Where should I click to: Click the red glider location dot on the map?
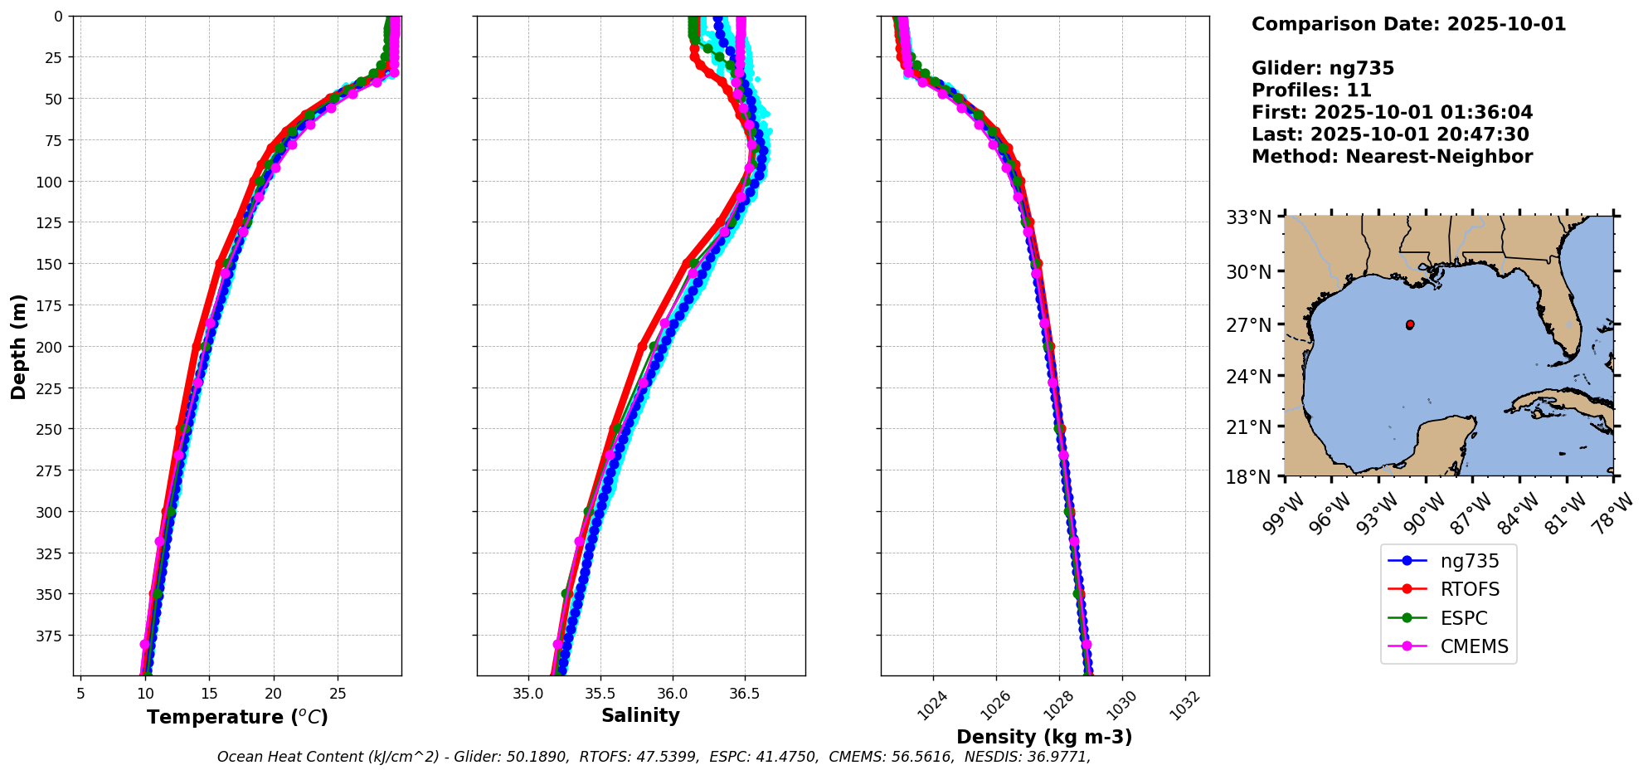pyautogui.click(x=1410, y=324)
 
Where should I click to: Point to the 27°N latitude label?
pyautogui.click(x=1248, y=324)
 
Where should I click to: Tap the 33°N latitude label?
pyautogui.click(x=1248, y=217)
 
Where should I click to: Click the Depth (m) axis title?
pyautogui.click(x=18, y=346)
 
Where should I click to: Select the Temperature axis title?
pyautogui.click(x=237, y=717)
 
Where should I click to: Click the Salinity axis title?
pyautogui.click(x=640, y=715)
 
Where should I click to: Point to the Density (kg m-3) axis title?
pyautogui.click(x=1044, y=737)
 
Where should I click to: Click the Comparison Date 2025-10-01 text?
pyautogui.click(x=1408, y=24)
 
